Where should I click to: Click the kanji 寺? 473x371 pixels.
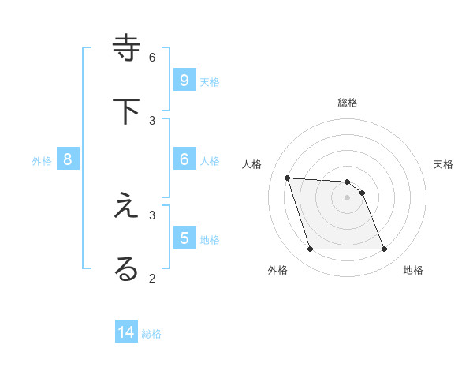(126, 48)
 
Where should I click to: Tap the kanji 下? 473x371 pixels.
(126, 111)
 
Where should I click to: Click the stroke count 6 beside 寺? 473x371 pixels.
(152, 57)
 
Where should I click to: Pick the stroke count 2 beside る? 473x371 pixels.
(152, 277)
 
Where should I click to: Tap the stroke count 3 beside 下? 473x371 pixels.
(152, 120)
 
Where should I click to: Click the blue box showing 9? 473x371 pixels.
(184, 81)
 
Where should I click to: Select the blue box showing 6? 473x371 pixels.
(184, 159)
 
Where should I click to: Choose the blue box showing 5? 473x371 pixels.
(184, 238)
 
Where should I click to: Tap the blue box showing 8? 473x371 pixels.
(68, 159)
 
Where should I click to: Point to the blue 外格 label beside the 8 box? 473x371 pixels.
(42, 161)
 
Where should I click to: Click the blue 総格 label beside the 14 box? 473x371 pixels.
(151, 334)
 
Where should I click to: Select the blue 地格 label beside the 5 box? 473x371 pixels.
(210, 239)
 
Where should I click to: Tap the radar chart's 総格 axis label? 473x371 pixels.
(348, 103)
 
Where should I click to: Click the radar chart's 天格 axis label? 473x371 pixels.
(443, 164)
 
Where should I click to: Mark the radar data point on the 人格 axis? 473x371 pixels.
(288, 178)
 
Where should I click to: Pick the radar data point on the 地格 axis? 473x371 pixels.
(384, 249)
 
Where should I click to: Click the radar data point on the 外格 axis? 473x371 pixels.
(310, 249)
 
